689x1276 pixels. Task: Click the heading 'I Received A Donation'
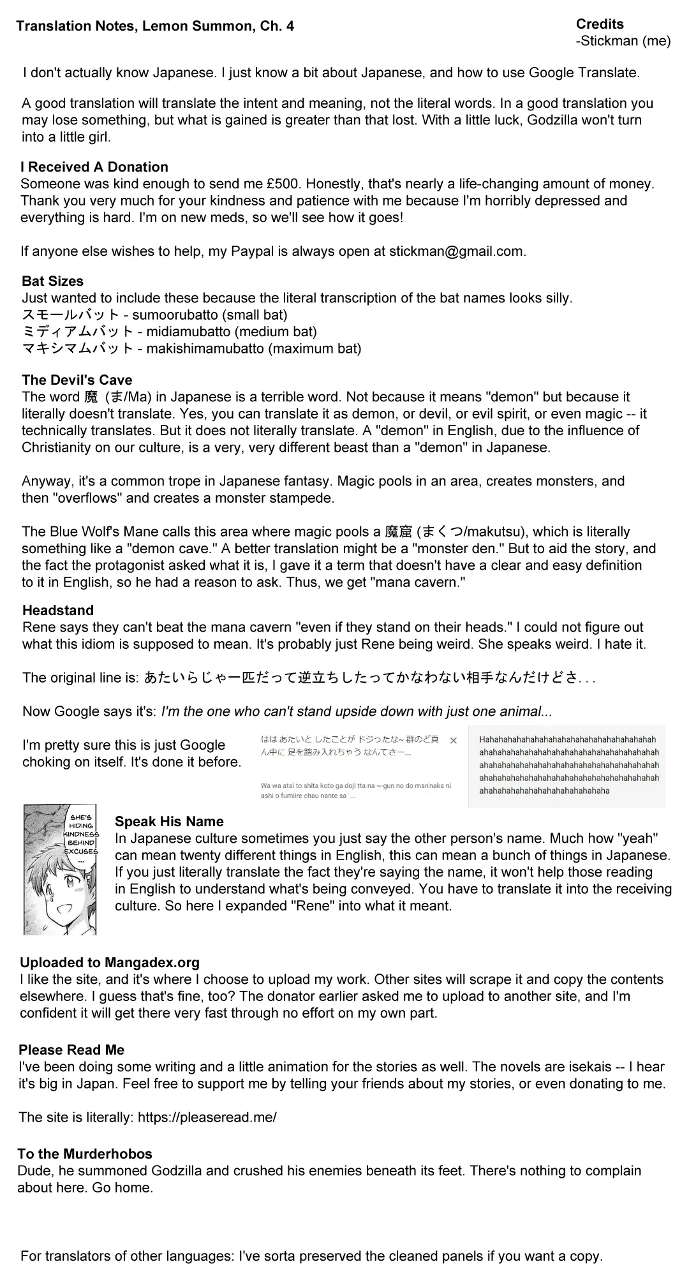point(94,167)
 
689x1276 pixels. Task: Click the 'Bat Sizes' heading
point(52,281)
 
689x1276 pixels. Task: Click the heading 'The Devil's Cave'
point(77,380)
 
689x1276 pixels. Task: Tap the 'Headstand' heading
point(57,611)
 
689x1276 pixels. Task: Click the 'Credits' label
point(600,24)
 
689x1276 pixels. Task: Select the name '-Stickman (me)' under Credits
point(623,41)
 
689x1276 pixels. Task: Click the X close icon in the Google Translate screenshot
point(454,741)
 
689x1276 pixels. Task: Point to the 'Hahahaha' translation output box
point(568,766)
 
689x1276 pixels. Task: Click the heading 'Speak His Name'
point(169,822)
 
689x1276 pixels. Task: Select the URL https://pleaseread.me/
point(207,1117)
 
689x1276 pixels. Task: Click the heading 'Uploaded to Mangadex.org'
point(109,963)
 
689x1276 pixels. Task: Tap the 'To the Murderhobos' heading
point(85,1154)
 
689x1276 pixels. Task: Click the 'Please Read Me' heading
point(71,1050)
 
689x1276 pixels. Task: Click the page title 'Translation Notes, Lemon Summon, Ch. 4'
point(155,27)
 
